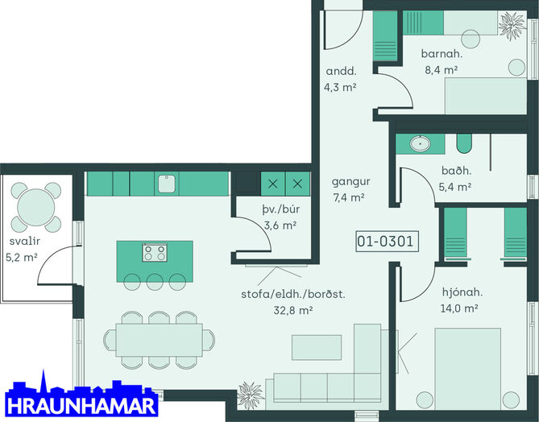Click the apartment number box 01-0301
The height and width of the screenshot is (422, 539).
[387, 242]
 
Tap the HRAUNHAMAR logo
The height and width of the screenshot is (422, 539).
[81, 396]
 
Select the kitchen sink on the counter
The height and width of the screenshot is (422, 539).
[167, 184]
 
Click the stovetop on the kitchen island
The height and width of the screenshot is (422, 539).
[155, 253]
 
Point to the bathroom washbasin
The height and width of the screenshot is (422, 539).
[420, 143]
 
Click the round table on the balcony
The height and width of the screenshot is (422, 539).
[36, 207]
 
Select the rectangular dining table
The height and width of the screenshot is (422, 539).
[159, 340]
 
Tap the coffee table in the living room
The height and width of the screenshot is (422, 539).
[317, 347]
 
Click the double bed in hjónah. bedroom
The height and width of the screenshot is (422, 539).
[467, 369]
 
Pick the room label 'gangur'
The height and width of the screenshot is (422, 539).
[351, 182]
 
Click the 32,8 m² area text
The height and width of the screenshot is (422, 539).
[293, 310]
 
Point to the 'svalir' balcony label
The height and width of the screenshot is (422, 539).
[24, 241]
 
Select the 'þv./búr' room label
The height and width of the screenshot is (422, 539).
[281, 209]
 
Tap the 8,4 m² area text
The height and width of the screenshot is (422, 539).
[442, 70]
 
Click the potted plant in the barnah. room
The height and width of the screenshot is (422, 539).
[512, 25]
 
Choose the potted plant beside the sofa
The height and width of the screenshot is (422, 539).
[251, 395]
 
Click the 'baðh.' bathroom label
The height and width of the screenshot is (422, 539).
[457, 171]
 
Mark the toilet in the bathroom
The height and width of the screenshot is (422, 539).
[464, 143]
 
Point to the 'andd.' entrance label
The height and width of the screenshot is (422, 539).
[341, 71]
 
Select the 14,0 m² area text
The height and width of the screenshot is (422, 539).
[459, 308]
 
